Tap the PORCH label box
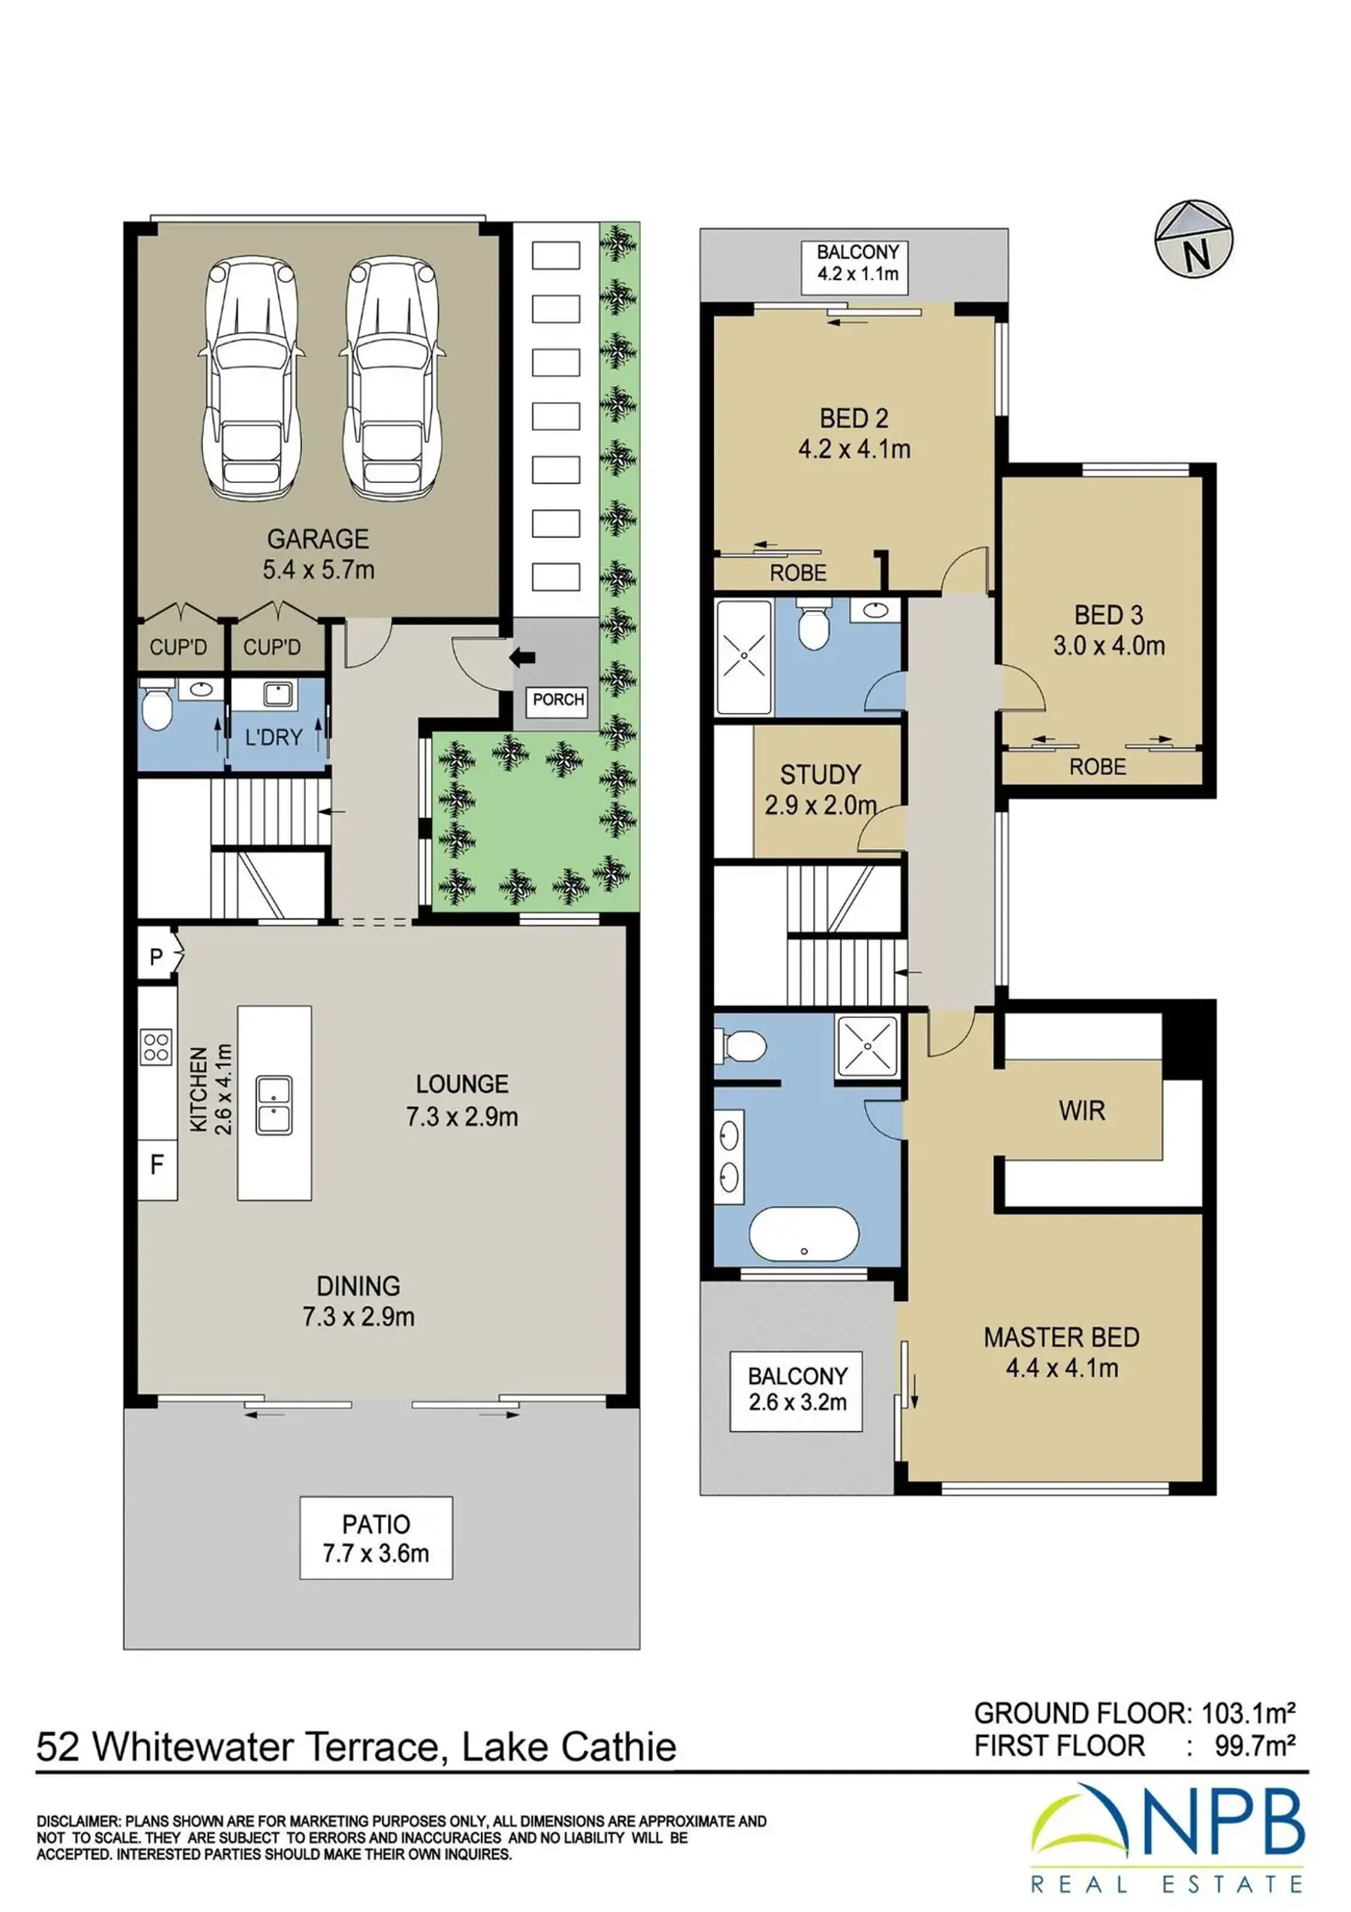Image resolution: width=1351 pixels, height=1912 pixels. [x=558, y=700]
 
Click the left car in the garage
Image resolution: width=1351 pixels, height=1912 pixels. [x=250, y=377]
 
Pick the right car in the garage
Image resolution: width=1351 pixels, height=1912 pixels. [x=391, y=377]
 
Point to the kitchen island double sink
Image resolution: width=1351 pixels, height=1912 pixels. [x=274, y=1105]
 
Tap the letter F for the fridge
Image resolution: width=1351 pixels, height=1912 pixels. [x=156, y=1164]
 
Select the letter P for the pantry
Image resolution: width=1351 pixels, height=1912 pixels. [x=156, y=957]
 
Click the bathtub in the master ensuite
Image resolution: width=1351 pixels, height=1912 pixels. [x=804, y=1234]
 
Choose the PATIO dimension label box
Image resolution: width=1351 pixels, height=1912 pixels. [x=376, y=1537]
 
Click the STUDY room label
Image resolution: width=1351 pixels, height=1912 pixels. [x=820, y=774]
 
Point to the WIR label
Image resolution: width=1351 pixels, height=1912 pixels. [x=1082, y=1110]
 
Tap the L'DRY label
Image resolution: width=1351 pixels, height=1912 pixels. [x=273, y=737]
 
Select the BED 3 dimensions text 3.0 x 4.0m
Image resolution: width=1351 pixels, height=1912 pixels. [x=1109, y=646]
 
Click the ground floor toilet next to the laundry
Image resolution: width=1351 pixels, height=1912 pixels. [x=156, y=705]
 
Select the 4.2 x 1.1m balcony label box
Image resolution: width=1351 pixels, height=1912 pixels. [x=858, y=268]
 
